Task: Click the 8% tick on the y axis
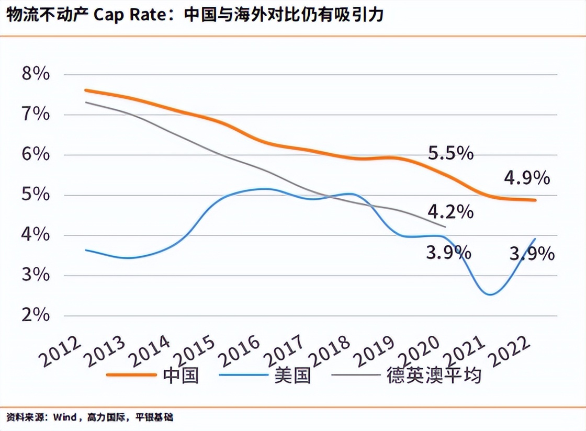[x=36, y=74]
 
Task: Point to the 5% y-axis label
[x=36, y=195]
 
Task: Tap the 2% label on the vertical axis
[x=36, y=315]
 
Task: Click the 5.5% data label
[x=450, y=153]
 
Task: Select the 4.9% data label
[x=526, y=178]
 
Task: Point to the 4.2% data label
[x=450, y=212]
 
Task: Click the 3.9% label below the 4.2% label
[x=448, y=253]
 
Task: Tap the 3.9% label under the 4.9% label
[x=532, y=254]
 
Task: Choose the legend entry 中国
[x=181, y=375]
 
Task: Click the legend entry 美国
[x=292, y=375]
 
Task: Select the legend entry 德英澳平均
[x=434, y=375]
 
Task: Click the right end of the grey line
[x=445, y=227]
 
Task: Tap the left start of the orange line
[x=85, y=90]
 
